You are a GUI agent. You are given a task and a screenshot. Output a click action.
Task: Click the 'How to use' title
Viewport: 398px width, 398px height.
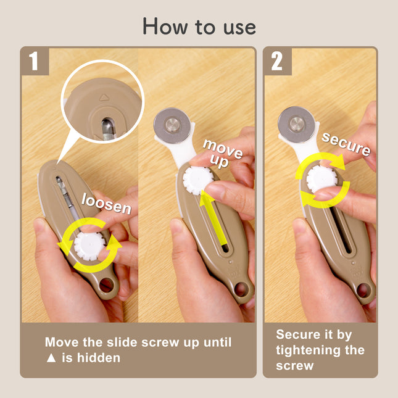pos(199,27)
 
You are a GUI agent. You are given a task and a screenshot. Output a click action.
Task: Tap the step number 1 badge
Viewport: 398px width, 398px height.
pos(35,61)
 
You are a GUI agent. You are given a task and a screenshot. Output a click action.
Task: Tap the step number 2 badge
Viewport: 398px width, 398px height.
pos(278,61)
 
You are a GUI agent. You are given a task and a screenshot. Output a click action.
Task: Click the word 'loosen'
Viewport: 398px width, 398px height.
pos(106,203)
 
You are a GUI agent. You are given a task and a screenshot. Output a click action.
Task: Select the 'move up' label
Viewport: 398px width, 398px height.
pos(223,154)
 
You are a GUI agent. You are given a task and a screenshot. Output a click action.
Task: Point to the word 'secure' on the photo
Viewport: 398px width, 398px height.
pos(346,144)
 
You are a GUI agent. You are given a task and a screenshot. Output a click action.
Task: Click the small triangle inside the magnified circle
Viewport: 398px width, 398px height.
pos(104,97)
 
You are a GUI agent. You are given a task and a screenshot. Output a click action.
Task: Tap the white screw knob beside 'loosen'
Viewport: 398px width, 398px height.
pos(89,246)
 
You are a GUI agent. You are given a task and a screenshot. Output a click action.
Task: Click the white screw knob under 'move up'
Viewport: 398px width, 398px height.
pos(198,181)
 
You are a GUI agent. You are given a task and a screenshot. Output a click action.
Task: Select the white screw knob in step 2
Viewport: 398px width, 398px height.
pos(322,179)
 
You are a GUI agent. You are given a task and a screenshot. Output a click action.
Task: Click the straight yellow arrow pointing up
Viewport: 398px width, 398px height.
pos(213,218)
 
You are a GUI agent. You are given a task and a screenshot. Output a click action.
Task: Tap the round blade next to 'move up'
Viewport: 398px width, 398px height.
pos(172,126)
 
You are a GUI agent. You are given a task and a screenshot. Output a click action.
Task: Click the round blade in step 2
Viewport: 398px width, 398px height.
pos(297,125)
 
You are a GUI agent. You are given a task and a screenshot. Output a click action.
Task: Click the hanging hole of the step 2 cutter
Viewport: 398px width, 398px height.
pos(363,290)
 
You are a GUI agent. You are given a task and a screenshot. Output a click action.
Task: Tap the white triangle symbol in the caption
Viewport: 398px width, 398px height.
pos(51,358)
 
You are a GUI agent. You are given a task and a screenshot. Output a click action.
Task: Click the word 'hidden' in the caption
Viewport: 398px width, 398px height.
pos(99,358)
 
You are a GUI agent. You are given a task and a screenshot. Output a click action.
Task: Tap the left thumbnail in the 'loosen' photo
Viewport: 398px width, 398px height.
pos(40,225)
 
